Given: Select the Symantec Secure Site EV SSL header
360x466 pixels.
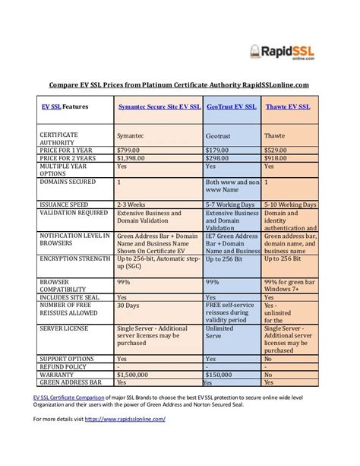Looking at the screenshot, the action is click(158, 107).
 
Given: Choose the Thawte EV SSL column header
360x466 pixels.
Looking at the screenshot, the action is click(288, 107).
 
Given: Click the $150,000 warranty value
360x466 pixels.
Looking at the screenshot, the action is click(221, 374).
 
